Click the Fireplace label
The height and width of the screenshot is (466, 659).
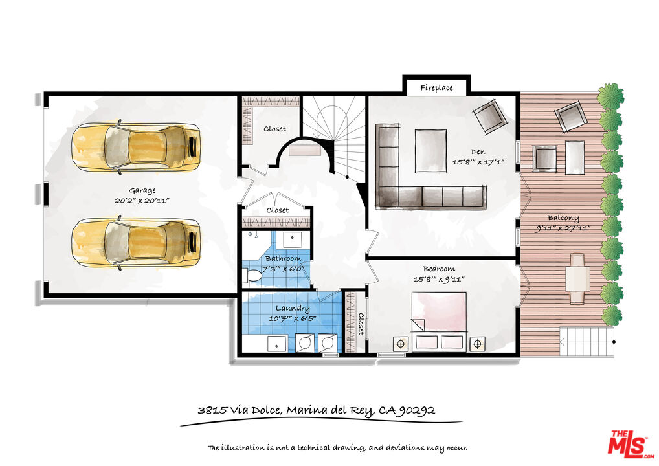click(x=436, y=88)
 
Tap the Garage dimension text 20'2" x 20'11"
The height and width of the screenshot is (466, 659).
click(x=142, y=201)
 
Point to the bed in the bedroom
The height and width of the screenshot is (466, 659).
click(x=439, y=322)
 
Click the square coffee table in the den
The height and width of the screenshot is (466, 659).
click(x=430, y=151)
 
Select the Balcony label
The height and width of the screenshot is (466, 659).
click(x=563, y=217)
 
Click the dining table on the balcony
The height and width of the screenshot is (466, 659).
click(x=577, y=278)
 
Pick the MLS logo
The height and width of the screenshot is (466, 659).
click(x=631, y=443)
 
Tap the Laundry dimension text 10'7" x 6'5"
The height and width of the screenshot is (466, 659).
click(x=293, y=319)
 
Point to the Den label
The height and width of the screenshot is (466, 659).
click(x=478, y=151)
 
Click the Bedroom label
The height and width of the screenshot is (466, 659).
click(x=439, y=269)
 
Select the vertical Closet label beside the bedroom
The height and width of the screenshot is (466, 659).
click(x=361, y=324)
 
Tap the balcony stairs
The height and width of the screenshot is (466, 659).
click(x=586, y=342)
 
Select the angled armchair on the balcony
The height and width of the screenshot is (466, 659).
click(x=570, y=116)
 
